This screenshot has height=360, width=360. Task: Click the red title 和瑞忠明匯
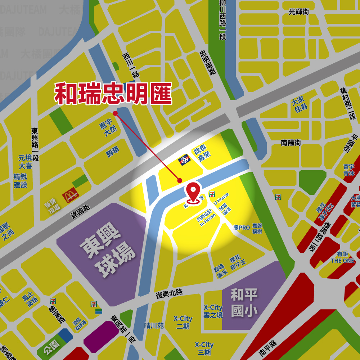(x=113, y=94)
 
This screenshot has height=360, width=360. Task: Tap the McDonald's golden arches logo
(x=71, y=196)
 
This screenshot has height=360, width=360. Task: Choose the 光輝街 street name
(x=299, y=12)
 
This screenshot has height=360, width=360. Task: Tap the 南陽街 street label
(x=291, y=143)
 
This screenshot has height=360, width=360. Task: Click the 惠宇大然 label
(x=108, y=129)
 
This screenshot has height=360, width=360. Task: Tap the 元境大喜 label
(x=25, y=162)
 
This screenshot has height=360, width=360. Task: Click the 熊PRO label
(x=241, y=228)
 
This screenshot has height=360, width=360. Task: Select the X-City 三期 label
(x=204, y=348)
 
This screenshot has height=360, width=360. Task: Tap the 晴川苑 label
(x=154, y=325)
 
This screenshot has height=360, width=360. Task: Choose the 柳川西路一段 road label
(x=222, y=20)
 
